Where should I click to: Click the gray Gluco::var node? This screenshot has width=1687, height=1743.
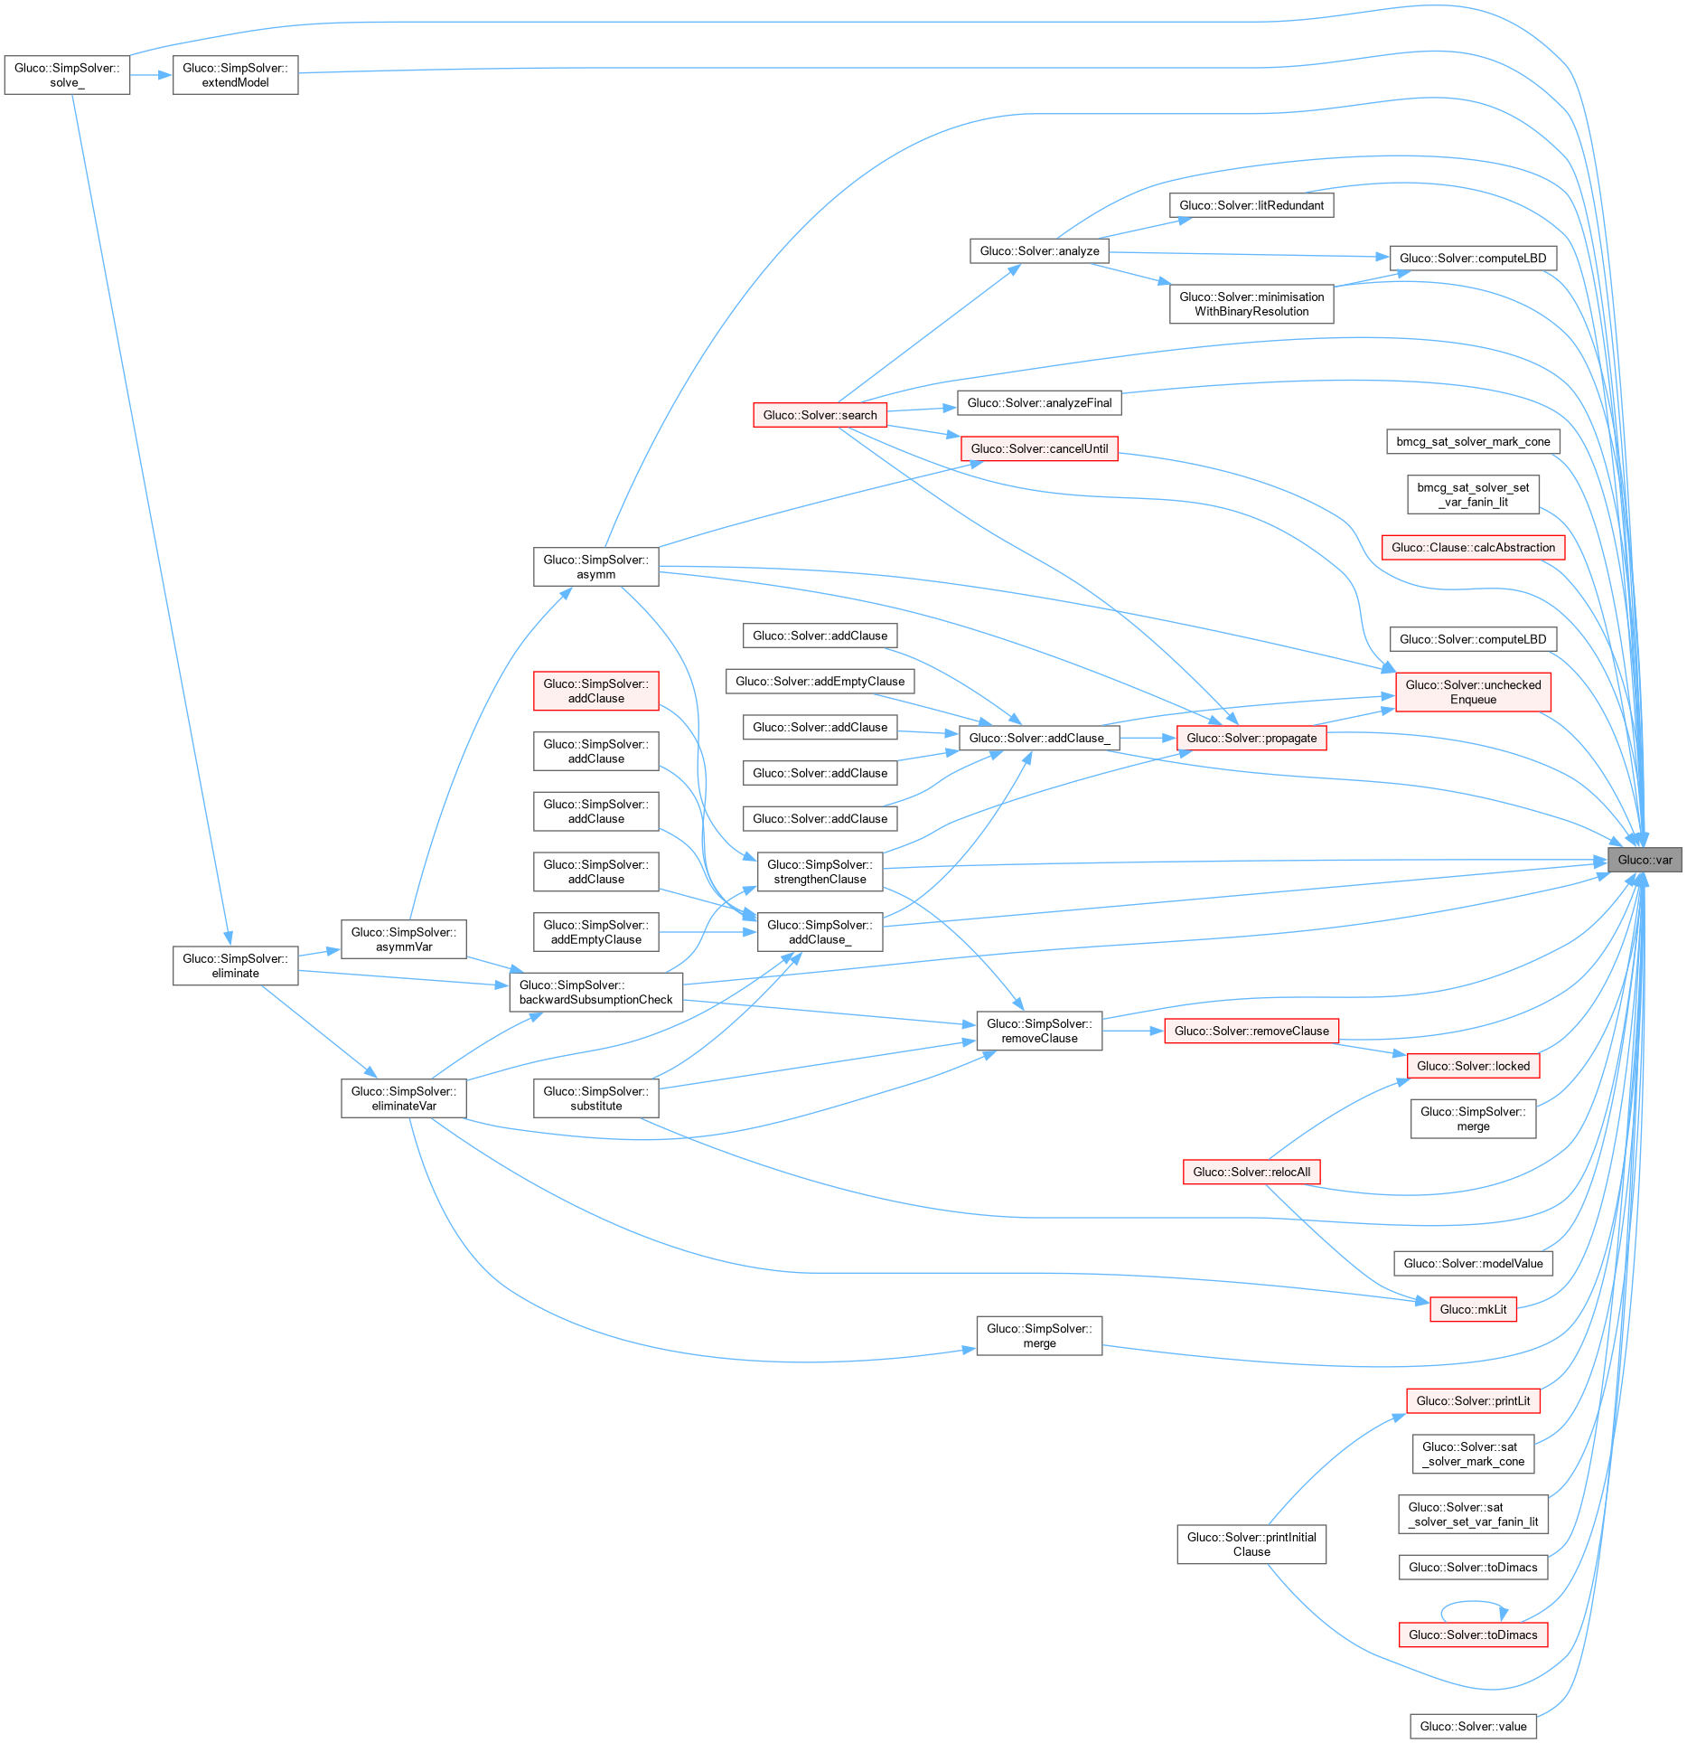(x=1644, y=860)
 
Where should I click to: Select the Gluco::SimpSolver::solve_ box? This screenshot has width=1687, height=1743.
(x=67, y=75)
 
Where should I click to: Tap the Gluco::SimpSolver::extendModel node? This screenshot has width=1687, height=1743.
(x=235, y=75)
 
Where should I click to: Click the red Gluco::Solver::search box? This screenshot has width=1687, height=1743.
(x=820, y=415)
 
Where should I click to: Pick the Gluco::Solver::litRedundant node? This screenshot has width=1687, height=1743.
(x=1251, y=205)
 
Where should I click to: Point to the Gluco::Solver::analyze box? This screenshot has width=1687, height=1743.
(x=1039, y=251)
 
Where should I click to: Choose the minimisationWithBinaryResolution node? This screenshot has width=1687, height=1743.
(x=1251, y=304)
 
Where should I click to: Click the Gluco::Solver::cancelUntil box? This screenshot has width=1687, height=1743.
(x=1039, y=448)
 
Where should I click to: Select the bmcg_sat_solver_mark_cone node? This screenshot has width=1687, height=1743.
(x=1473, y=441)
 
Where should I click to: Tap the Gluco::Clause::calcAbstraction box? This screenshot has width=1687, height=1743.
(x=1473, y=547)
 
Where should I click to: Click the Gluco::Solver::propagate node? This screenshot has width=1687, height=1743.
(x=1251, y=738)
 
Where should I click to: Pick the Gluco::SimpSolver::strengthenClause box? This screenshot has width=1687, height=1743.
(x=820, y=871)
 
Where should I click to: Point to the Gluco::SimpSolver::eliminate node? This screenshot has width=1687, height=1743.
(x=235, y=966)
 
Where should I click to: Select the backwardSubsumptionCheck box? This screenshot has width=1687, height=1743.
(x=595, y=992)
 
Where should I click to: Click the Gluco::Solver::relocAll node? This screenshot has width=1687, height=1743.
(x=1251, y=1172)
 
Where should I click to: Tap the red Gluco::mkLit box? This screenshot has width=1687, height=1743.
(x=1473, y=1309)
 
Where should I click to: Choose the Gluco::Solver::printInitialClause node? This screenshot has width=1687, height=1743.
(x=1251, y=1544)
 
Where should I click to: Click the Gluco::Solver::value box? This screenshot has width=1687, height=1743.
(x=1473, y=1726)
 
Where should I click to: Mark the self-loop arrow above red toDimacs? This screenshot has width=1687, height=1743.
(x=1473, y=1603)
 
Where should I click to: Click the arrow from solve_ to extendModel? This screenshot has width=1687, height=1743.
(x=151, y=75)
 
